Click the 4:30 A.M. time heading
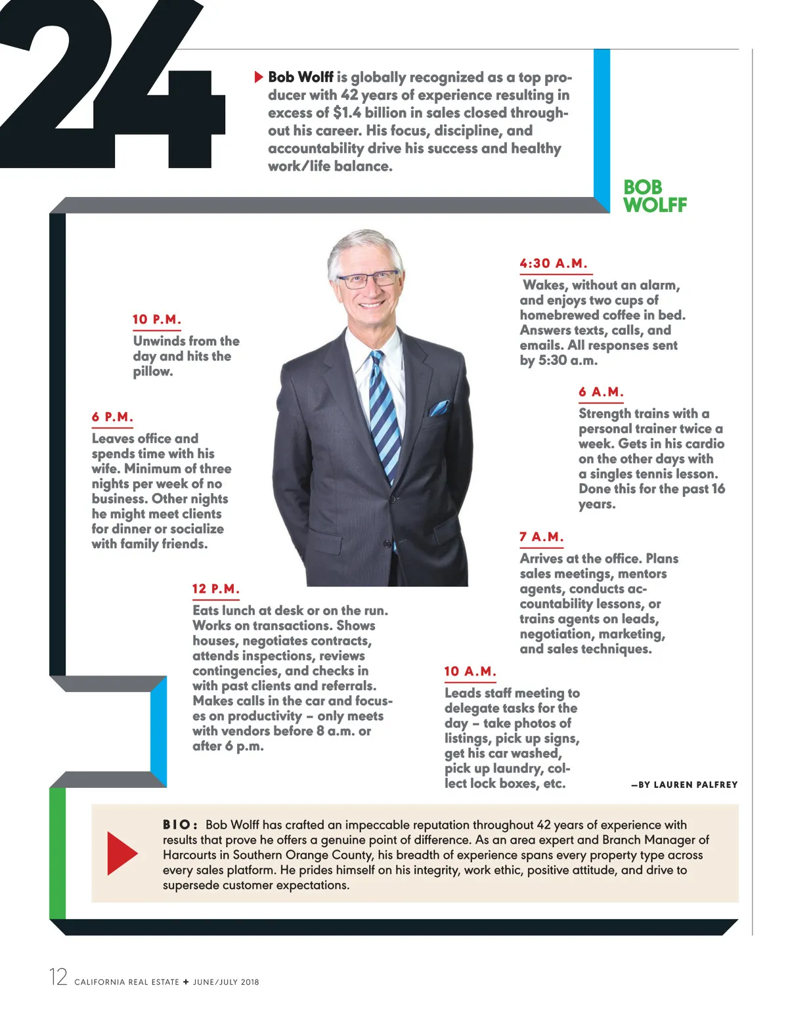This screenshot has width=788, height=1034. pos(554,263)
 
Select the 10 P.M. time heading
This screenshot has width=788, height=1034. pos(156,320)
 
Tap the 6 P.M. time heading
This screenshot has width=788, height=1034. pos(112,417)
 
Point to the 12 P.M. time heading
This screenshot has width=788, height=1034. pos(215,589)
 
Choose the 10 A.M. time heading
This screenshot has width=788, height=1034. pos(470,671)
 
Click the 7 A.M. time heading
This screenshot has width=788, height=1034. pos(541,537)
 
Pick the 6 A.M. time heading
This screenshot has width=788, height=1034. pos(601,392)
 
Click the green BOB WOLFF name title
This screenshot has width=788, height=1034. pos(654,196)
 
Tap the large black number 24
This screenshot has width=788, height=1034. pos(112,85)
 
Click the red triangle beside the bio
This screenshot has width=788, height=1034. pos(121,853)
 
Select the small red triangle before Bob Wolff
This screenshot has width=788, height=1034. pos(259,77)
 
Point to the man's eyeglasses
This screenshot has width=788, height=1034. pos(368,279)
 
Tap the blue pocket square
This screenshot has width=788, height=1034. pos(439,408)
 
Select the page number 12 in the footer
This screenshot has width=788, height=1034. pos(58,977)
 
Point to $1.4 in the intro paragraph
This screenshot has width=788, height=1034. pos(347,113)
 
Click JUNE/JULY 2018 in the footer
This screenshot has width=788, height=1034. pos(226,982)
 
